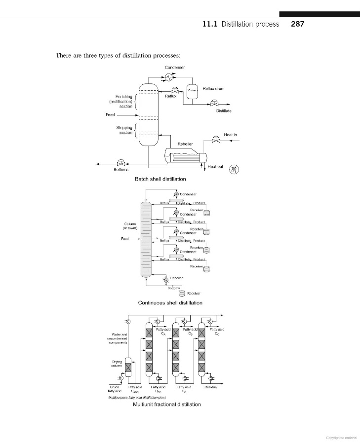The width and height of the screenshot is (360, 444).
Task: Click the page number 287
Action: click(x=297, y=24)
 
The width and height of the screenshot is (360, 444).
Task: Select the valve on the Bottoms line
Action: click(x=120, y=163)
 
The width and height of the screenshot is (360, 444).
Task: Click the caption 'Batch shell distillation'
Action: click(x=160, y=179)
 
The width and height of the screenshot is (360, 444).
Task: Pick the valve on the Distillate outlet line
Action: click(x=213, y=103)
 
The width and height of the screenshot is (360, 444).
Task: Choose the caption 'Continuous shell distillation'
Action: click(x=170, y=303)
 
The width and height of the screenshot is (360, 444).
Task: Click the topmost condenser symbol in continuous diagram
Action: click(x=176, y=194)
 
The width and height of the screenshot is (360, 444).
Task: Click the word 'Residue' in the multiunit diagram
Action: click(x=211, y=387)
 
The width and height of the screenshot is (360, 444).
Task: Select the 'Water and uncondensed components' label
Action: click(x=117, y=338)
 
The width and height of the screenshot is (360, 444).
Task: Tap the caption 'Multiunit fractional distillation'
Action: click(x=167, y=405)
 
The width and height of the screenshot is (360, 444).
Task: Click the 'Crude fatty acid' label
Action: click(x=114, y=389)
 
